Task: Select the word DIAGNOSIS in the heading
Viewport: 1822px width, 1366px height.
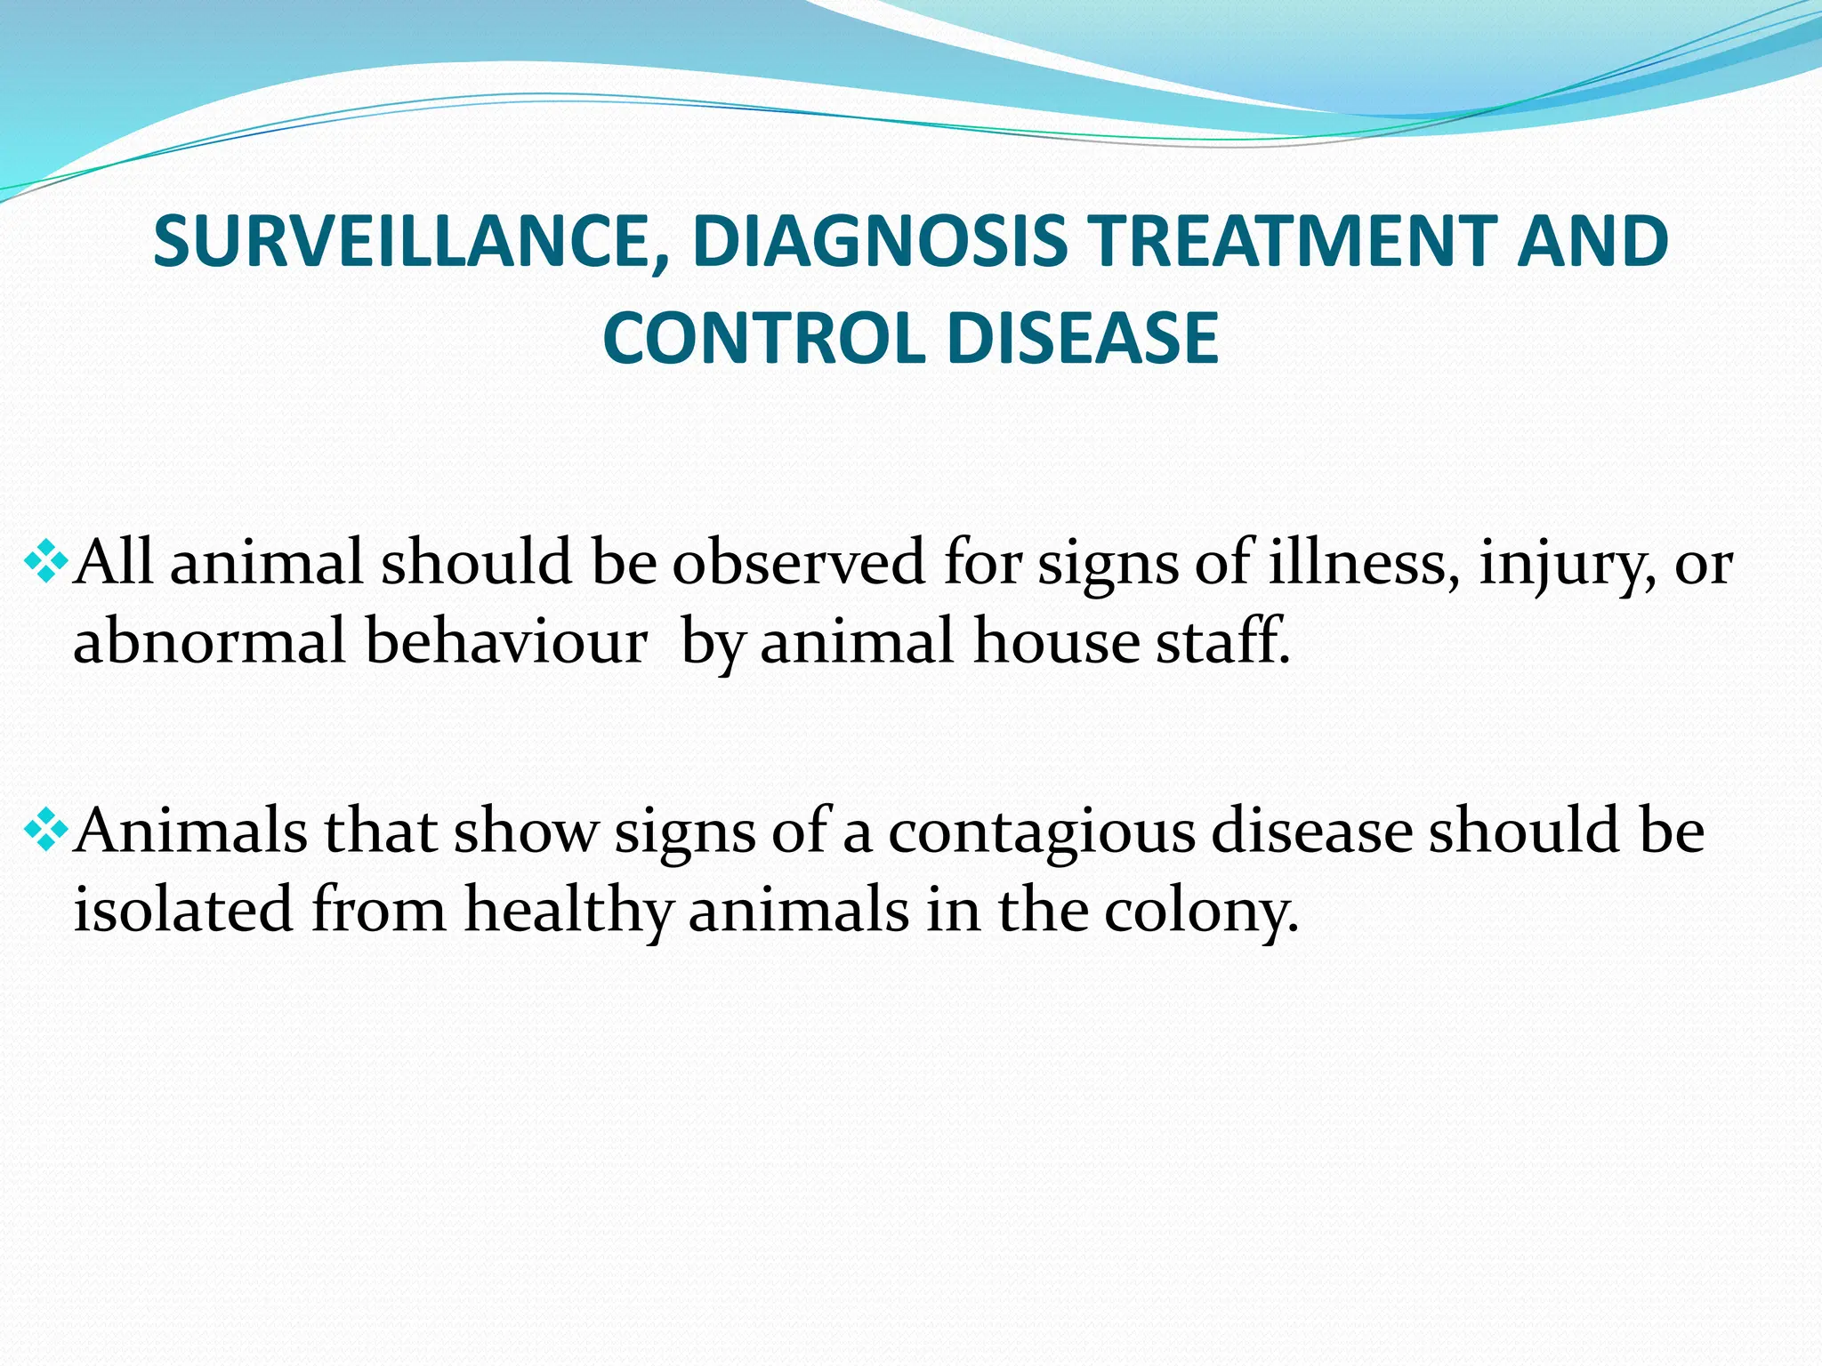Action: (879, 242)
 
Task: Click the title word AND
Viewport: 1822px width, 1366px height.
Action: (1592, 242)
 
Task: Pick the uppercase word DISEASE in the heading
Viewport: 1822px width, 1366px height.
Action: (1082, 339)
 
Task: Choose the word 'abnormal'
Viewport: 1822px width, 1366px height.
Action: (208, 642)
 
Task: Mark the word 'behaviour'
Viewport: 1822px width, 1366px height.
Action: (506, 642)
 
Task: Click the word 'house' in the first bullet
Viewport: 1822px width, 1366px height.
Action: (1056, 642)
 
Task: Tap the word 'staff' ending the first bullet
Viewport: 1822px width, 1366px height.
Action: (1219, 642)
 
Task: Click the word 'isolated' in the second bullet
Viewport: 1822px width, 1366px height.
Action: (182, 911)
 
